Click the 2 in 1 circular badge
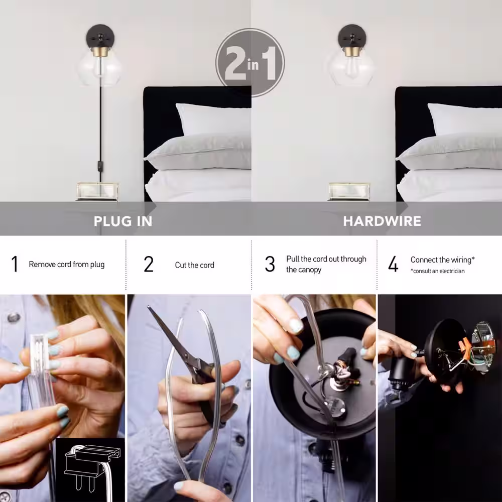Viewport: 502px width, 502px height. pyautogui.click(x=250, y=62)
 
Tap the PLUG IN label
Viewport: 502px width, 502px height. pyautogui.click(x=123, y=221)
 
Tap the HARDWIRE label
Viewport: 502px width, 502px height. pyautogui.click(x=382, y=221)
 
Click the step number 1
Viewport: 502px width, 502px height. pyautogui.click(x=15, y=264)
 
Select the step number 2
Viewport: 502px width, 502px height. pyautogui.click(x=149, y=265)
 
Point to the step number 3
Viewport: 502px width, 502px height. pyautogui.click(x=270, y=265)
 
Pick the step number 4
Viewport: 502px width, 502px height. pyautogui.click(x=393, y=265)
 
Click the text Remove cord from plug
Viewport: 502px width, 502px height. pyautogui.click(x=67, y=265)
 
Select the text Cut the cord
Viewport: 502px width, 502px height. pyautogui.click(x=194, y=265)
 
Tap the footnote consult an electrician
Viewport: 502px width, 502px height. pyautogui.click(x=438, y=271)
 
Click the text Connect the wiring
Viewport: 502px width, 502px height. pyautogui.click(x=442, y=260)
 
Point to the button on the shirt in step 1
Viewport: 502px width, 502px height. pyautogui.click(x=14, y=317)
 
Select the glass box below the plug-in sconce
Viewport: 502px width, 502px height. pyautogui.click(x=98, y=191)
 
